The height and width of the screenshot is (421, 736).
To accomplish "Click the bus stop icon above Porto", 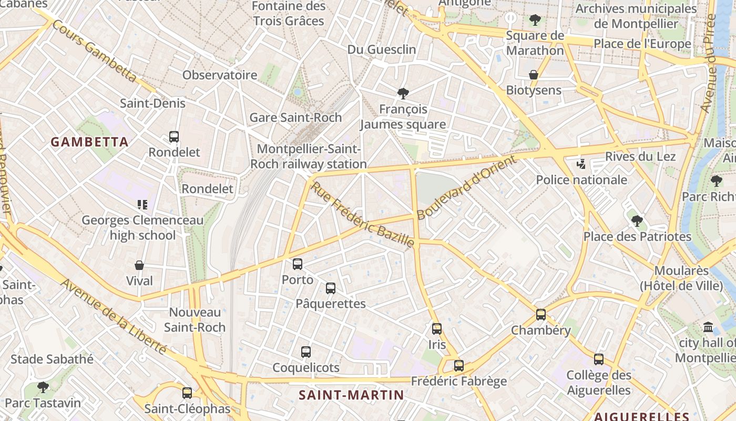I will tap(298, 264).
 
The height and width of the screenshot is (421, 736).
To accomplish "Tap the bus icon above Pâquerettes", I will tap(331, 288).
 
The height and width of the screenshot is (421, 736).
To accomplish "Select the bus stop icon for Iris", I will tap(437, 329).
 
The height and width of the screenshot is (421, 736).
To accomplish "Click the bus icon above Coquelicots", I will tap(306, 352).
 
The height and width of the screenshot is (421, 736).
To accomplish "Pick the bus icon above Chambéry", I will tap(541, 315).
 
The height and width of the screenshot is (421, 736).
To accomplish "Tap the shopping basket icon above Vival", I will tap(139, 265).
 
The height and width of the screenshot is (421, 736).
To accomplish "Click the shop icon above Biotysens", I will tap(534, 75).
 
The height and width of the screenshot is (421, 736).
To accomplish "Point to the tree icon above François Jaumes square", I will tap(403, 94).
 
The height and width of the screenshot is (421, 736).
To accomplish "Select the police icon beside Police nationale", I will tap(581, 164).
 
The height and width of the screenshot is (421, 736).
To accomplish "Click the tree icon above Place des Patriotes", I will tap(637, 220).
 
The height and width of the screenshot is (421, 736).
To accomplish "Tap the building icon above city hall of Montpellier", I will tap(708, 327).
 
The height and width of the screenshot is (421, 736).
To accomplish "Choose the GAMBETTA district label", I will tap(90, 142).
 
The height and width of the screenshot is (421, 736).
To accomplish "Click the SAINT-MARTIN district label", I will tap(351, 395).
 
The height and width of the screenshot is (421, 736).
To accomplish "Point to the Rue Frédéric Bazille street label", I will tap(363, 215).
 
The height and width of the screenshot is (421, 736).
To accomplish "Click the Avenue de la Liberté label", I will tap(113, 316).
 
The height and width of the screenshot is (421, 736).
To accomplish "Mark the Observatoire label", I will tap(220, 75).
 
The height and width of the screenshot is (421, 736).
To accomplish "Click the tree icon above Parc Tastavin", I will tap(43, 387).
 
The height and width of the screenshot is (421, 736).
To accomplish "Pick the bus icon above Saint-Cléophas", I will tap(187, 393).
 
